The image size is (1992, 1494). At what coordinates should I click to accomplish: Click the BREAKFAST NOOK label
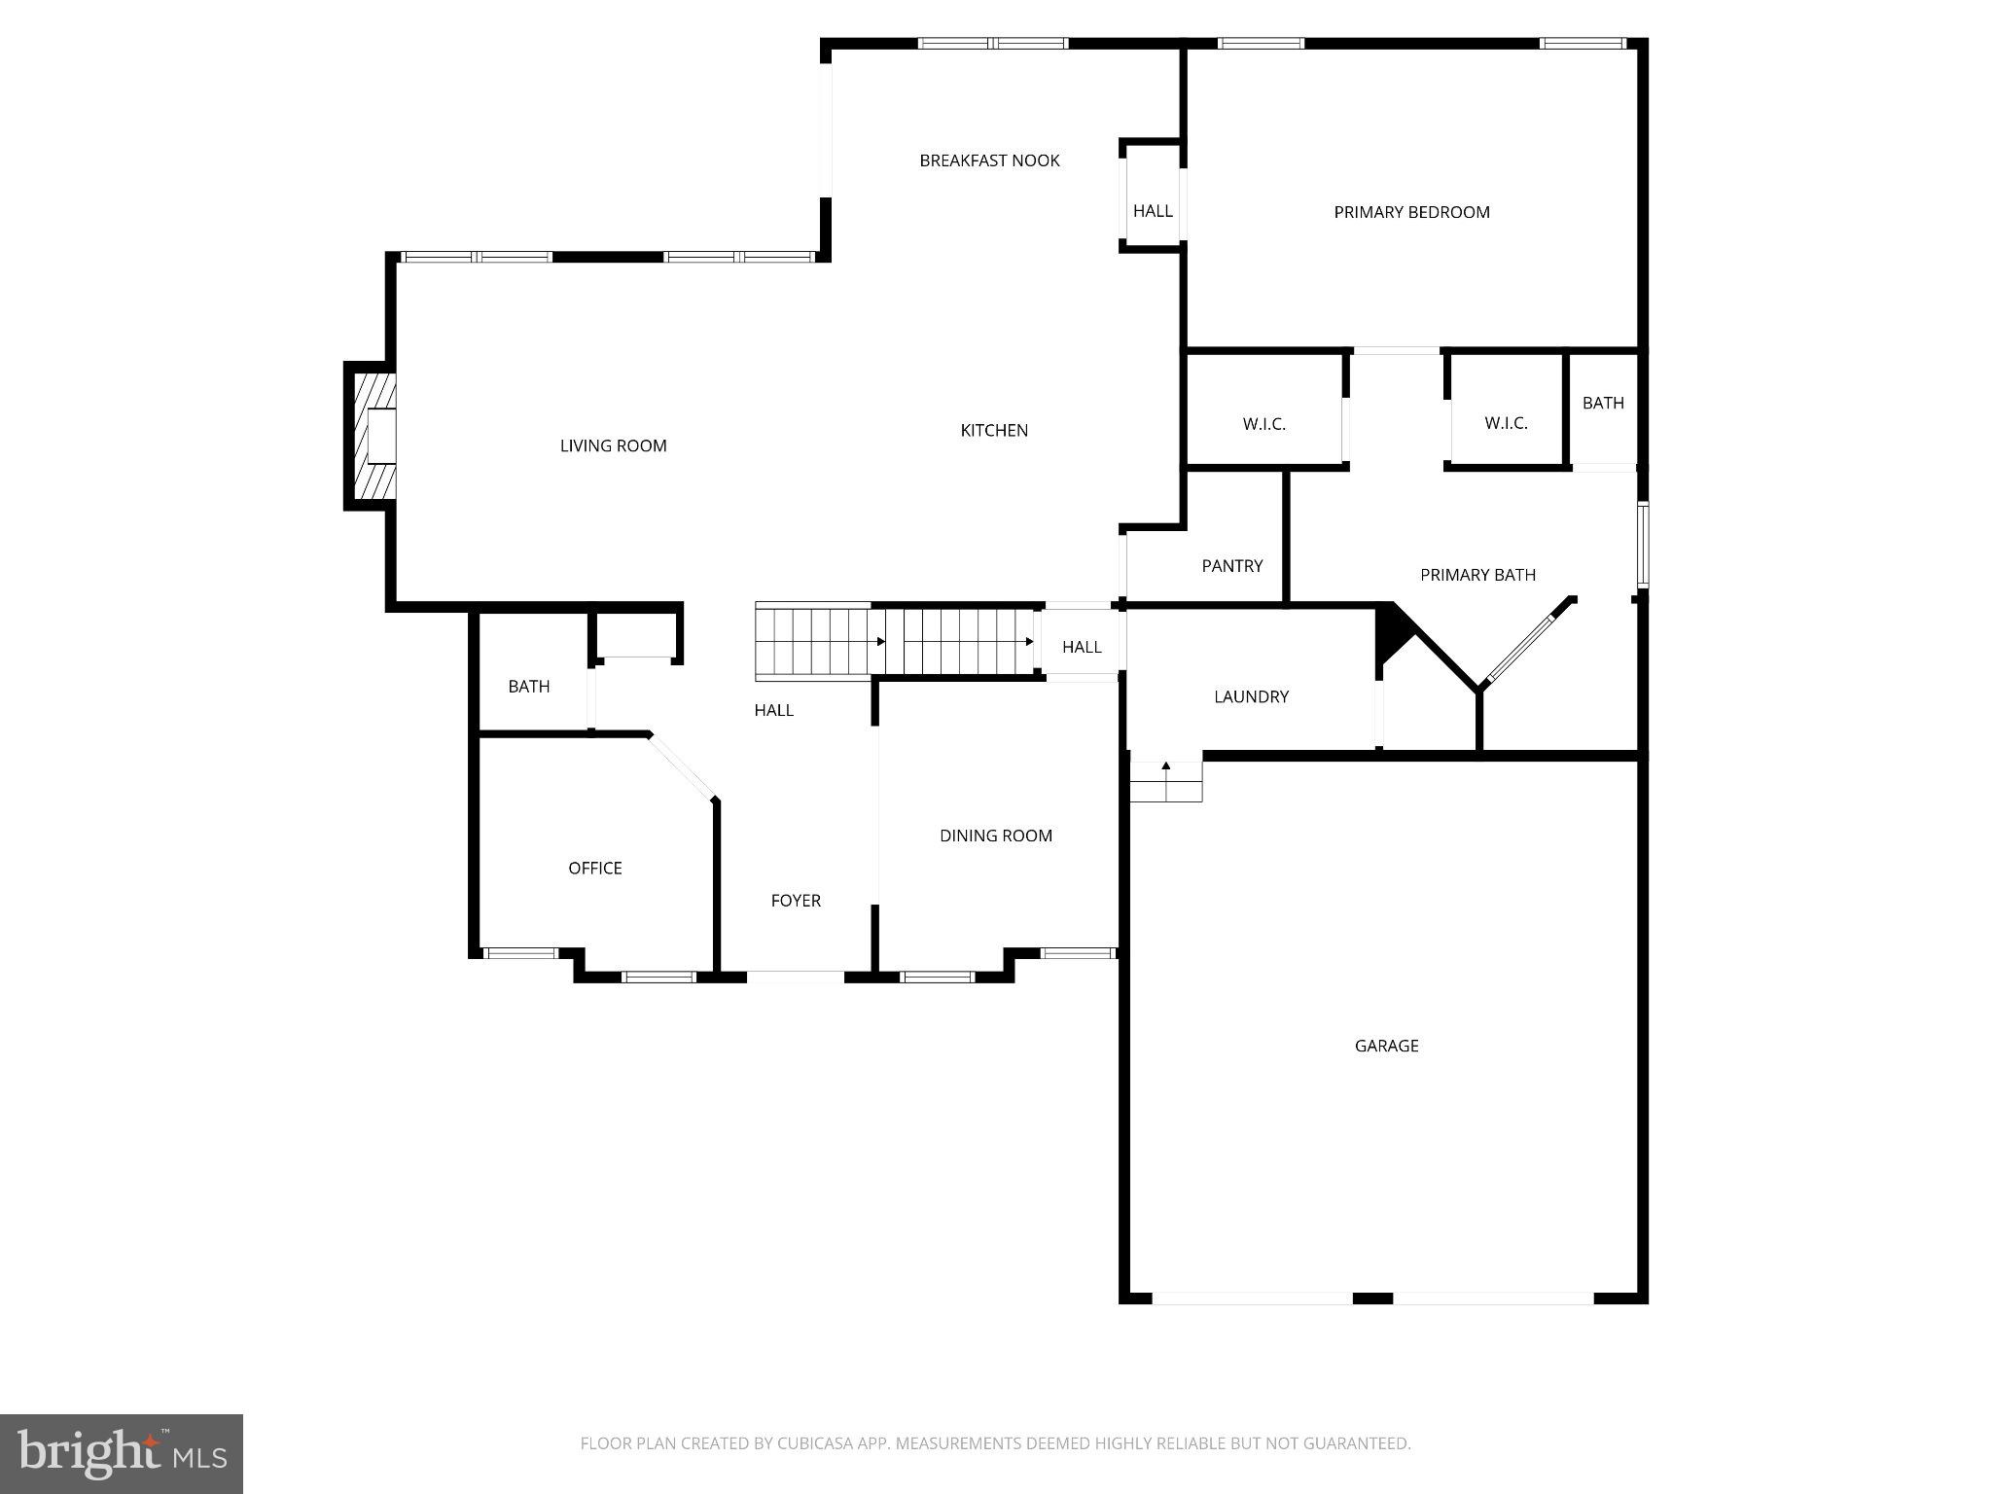989,160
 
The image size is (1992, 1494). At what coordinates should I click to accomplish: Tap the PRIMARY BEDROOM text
1411,212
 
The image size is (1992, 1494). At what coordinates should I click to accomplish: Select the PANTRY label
1231,566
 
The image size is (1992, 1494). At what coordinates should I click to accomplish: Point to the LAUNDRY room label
1251,696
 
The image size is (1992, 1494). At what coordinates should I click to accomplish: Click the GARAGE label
1386,1046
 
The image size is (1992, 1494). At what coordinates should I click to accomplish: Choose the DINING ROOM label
995,836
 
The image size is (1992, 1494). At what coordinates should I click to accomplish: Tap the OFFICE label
594,868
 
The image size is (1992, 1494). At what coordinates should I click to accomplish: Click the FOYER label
796,901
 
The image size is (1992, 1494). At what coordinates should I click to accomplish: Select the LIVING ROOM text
613,445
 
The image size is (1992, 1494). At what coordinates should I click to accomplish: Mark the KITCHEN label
994,430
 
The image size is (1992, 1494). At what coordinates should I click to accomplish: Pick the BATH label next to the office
528,687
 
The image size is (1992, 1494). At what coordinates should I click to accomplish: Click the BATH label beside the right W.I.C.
1603,403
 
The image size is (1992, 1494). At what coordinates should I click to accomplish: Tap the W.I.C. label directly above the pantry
1263,424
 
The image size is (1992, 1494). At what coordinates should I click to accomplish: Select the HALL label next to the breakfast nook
1153,211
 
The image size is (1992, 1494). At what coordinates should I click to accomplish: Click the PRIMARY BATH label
1477,575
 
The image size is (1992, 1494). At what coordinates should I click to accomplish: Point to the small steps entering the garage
1165,782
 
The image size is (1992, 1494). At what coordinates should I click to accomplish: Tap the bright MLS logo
122,1453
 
